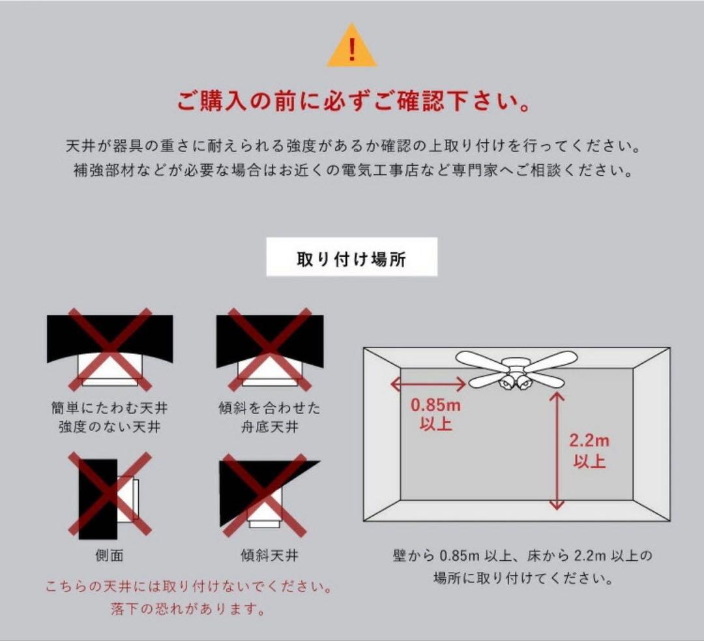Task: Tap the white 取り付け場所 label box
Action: pyautogui.click(x=351, y=256)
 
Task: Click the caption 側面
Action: pyautogui.click(x=109, y=556)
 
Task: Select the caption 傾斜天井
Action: pyautogui.click(x=269, y=556)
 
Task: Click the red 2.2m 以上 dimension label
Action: pyautogui.click(x=589, y=451)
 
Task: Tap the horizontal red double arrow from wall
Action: pyautogui.click(x=428, y=384)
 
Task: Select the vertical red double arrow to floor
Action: pyautogui.click(x=557, y=451)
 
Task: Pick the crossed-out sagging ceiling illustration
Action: pyautogui.click(x=110, y=349)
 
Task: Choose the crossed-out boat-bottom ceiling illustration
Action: pyautogui.click(x=270, y=349)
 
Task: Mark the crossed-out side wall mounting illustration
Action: pyautogui.click(x=110, y=494)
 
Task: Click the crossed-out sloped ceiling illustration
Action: pyautogui.click(x=269, y=494)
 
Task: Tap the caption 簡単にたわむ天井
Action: pyautogui.click(x=110, y=408)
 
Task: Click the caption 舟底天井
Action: pyautogui.click(x=269, y=426)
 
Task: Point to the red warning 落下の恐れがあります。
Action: pyautogui.click(x=188, y=608)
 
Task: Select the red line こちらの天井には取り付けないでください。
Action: pyautogui.click(x=189, y=587)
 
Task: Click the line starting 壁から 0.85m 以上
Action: pyautogui.click(x=523, y=556)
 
